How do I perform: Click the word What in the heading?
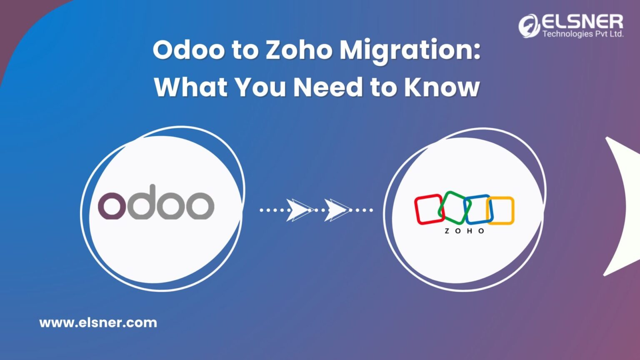pyautogui.click(x=190, y=87)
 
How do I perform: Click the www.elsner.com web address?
pyautogui.click(x=98, y=322)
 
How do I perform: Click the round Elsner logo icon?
pyautogui.click(x=529, y=26)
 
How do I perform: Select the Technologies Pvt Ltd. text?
pyautogui.click(x=582, y=34)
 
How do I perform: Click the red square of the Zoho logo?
pyautogui.click(x=428, y=209)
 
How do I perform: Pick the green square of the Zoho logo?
pyautogui.click(x=454, y=207)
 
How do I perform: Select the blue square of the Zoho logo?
pyautogui.click(x=477, y=209)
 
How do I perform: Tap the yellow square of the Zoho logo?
pyautogui.click(x=501, y=210)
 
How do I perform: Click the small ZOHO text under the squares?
pyautogui.click(x=464, y=231)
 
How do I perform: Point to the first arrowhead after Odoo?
pyautogui.click(x=298, y=210)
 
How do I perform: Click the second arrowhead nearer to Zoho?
pyautogui.click(x=337, y=210)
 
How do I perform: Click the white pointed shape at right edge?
pyautogui.click(x=623, y=206)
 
